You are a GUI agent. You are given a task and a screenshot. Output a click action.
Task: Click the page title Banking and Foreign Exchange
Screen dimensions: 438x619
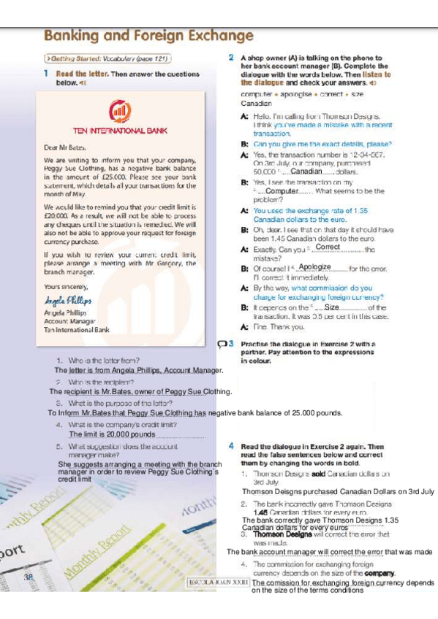click(x=143, y=36)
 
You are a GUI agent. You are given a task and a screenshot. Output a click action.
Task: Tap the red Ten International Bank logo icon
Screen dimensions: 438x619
click(x=119, y=111)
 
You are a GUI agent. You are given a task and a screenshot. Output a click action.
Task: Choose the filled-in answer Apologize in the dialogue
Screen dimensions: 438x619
click(x=315, y=268)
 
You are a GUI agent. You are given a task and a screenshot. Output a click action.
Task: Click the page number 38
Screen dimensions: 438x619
click(x=29, y=577)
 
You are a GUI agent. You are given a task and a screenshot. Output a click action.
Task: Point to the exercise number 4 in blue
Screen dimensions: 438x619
click(x=230, y=445)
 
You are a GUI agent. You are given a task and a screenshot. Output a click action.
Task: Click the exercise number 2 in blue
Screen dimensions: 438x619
click(x=230, y=56)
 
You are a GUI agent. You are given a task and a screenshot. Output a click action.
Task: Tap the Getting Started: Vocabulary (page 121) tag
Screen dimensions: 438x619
click(x=108, y=57)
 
